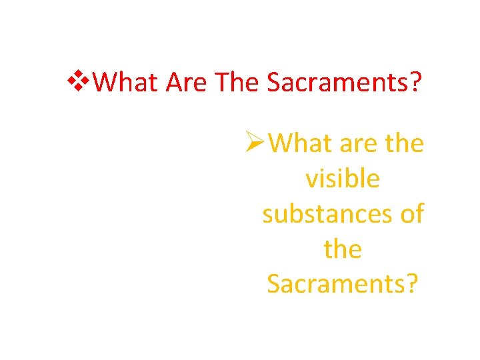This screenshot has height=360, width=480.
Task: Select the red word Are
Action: [186, 83]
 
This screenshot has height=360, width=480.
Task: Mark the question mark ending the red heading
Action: [416, 83]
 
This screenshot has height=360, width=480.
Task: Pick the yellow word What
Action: [301, 143]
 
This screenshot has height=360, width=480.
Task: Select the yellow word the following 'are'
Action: [405, 143]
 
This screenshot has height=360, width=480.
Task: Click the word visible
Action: [342, 179]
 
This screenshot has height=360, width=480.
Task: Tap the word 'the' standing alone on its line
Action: [342, 249]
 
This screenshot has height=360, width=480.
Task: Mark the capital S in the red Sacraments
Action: [273, 83]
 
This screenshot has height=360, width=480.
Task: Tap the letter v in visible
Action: [311, 180]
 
